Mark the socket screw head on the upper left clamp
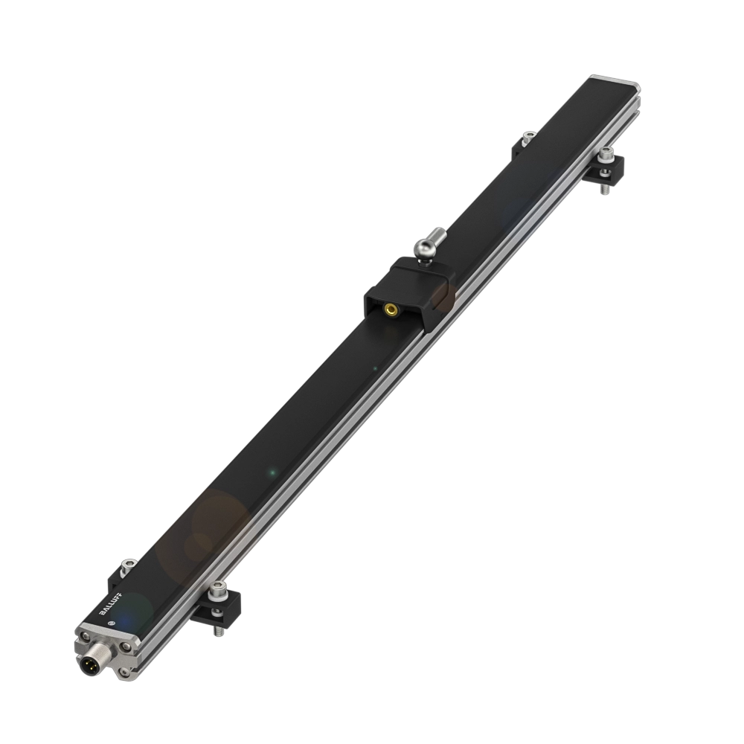[527, 137]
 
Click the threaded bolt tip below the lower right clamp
[219, 630]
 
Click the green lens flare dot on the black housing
[272, 472]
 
